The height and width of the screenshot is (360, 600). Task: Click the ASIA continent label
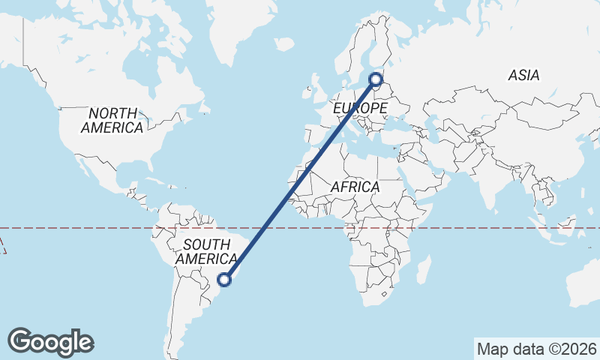click(x=523, y=75)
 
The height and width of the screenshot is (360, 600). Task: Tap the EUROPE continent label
click(x=360, y=109)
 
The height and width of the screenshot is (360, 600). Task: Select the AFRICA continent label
click(x=355, y=187)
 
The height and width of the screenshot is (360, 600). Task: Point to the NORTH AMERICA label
click(x=112, y=121)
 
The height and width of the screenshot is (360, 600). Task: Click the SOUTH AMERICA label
click(x=206, y=251)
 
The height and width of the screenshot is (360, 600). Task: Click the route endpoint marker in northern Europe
click(x=376, y=78)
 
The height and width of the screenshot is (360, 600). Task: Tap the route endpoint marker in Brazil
click(x=223, y=280)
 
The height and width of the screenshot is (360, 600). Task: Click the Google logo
click(x=50, y=342)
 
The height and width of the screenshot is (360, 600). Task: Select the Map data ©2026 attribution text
click(x=536, y=349)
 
